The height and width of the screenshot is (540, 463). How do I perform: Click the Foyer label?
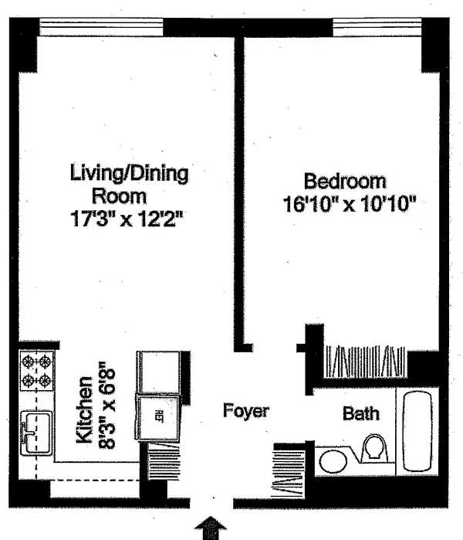coord(246,410)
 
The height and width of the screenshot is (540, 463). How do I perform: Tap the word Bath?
coord(361,413)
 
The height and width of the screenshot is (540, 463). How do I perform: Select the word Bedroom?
coord(345,181)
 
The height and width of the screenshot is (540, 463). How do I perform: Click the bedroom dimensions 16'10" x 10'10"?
coord(350,204)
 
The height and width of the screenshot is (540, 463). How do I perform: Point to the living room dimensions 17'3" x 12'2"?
coord(127,219)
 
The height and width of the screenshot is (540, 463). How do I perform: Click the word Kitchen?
coord(84,409)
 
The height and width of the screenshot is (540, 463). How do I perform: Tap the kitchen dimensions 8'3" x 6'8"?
coord(106,405)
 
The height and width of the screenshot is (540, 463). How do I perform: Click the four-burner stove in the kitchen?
coord(36,371)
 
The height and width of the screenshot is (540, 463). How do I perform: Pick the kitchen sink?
coord(36,433)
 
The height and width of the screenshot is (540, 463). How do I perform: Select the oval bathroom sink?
coord(333,461)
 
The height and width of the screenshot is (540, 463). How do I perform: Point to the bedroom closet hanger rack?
coord(365,362)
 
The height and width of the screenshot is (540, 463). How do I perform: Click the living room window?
coord(101,27)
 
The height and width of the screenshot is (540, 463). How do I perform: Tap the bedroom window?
coord(377,27)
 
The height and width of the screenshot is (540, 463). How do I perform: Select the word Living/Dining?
coord(130,173)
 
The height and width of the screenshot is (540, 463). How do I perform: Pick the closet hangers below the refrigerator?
coord(164,461)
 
